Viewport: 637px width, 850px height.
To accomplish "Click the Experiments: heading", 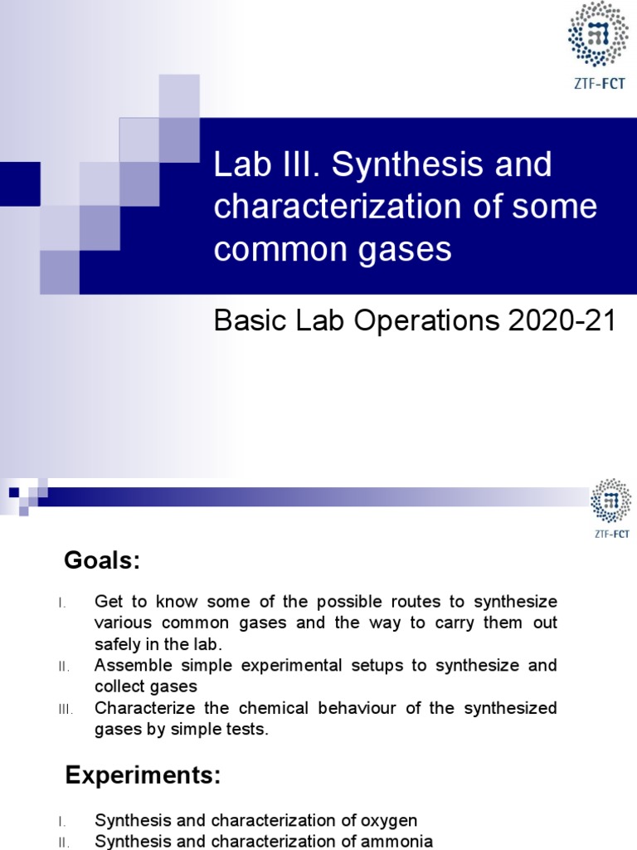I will [143, 775].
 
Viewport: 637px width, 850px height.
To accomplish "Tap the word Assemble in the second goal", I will [129, 666].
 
